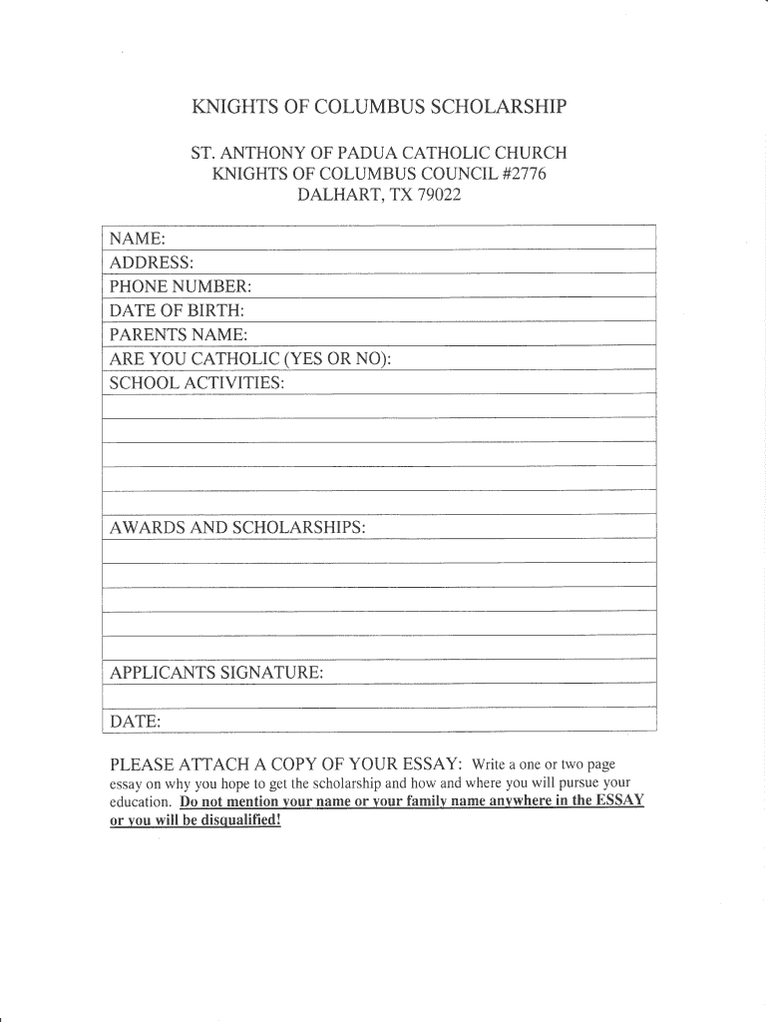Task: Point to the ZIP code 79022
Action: (x=440, y=196)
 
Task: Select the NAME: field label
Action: (x=138, y=239)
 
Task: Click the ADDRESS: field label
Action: (x=152, y=262)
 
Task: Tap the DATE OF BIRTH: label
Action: (x=177, y=310)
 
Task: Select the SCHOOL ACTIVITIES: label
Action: (x=197, y=382)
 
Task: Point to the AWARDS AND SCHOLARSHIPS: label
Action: (x=237, y=526)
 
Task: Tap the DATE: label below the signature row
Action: (x=136, y=721)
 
